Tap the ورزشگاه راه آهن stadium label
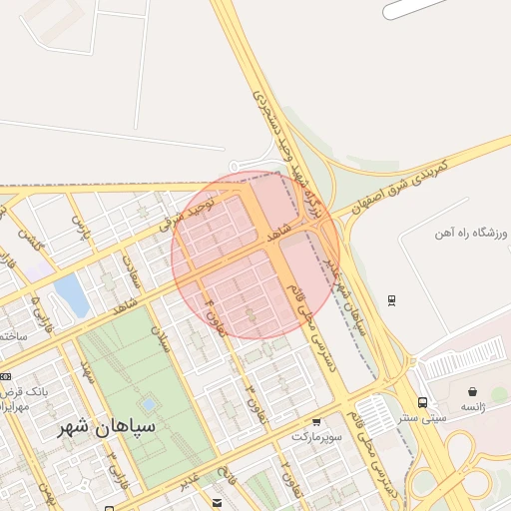tap(470, 235)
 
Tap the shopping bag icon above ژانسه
tap(471, 392)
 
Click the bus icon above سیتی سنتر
tap(423, 403)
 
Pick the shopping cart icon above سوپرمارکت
tap(316, 422)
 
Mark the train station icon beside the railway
tap(391, 298)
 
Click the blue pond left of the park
tap(71, 294)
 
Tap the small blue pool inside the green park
tap(149, 405)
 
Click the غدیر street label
tap(189, 481)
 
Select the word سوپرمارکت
tap(316, 437)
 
